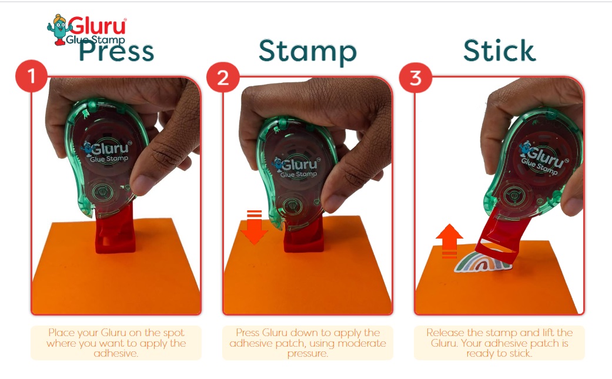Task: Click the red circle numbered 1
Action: [x=32, y=76]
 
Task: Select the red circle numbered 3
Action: [x=415, y=78]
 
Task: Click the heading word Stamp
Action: [x=307, y=52]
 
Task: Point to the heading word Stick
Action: [x=499, y=50]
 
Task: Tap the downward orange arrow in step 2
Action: [x=254, y=227]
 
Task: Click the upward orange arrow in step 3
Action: [x=449, y=241]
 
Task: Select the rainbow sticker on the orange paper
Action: [x=483, y=261]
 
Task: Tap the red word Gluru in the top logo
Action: [x=98, y=26]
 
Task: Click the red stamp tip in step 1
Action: [x=116, y=230]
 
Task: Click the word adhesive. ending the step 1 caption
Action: [x=116, y=354]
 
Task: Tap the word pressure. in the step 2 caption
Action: [x=307, y=354]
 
